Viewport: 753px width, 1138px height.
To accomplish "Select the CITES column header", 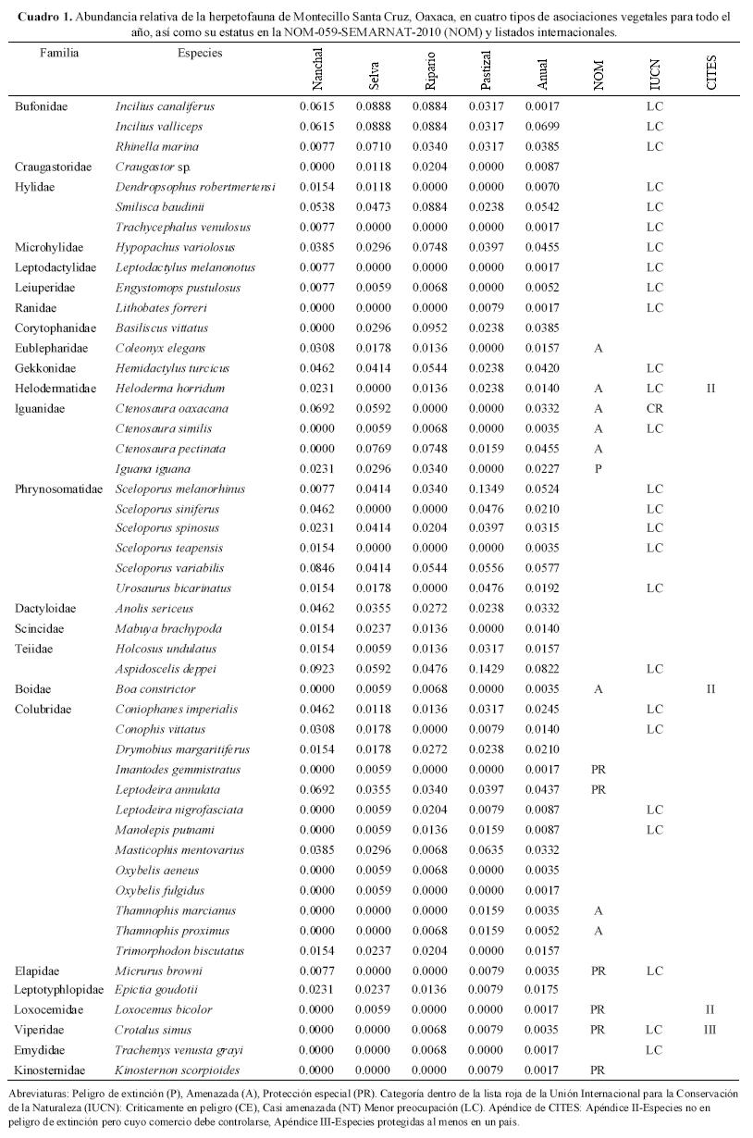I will (711, 73).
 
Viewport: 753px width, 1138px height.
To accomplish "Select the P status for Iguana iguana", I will (599, 469).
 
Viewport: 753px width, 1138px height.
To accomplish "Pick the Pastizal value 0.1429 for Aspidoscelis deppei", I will (487, 669).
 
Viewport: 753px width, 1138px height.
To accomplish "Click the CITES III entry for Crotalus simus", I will (711, 1030).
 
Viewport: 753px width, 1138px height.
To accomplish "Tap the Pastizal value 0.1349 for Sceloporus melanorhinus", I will (487, 489).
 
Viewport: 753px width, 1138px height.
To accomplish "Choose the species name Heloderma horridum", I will (171, 389).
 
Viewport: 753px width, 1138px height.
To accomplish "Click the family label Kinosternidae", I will (51, 1070).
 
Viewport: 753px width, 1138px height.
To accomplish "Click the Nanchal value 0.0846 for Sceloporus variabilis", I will (317, 569).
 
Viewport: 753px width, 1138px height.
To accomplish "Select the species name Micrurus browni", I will (158, 971).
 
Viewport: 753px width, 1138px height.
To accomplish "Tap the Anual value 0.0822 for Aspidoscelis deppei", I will (542, 669).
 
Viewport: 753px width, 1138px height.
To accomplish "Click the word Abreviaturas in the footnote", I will (40, 1094).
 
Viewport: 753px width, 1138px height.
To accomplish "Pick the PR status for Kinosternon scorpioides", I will (598, 1070).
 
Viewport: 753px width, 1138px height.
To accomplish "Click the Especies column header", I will (200, 53).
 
